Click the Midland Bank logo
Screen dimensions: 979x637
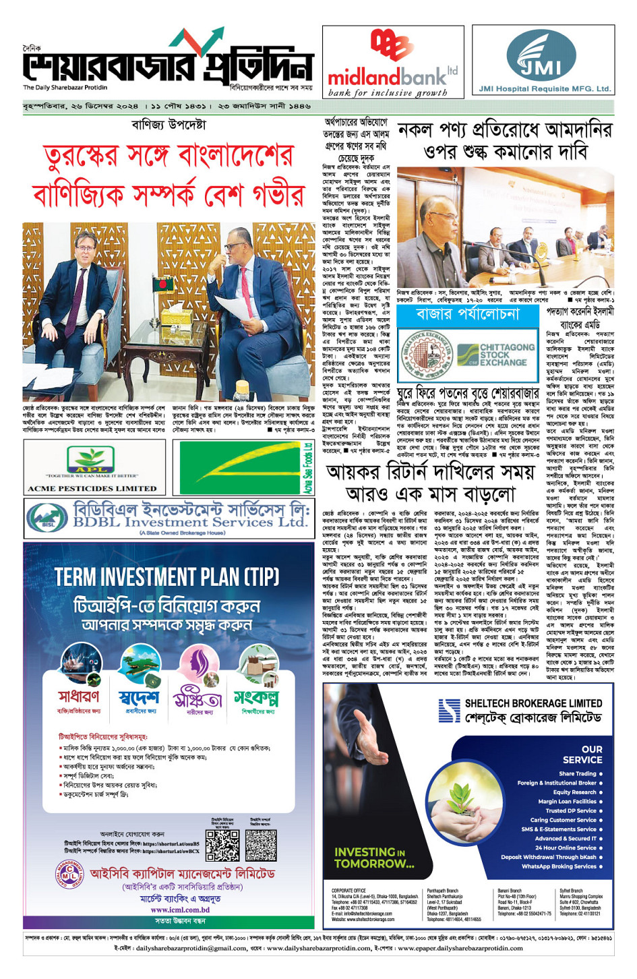392,64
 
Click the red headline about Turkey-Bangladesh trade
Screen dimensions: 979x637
169,176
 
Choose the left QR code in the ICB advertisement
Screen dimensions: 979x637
222,844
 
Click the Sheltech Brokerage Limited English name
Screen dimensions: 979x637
533,703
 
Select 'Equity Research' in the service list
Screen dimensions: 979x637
574,792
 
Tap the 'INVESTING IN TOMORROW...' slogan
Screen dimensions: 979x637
374,858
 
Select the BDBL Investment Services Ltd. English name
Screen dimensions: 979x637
190,522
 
